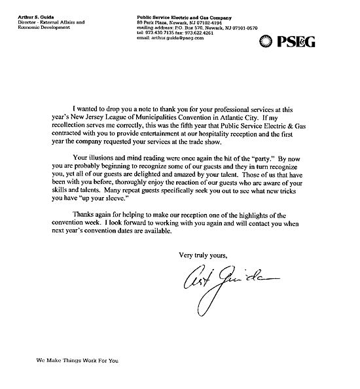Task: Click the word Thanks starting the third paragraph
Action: point(85,217)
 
